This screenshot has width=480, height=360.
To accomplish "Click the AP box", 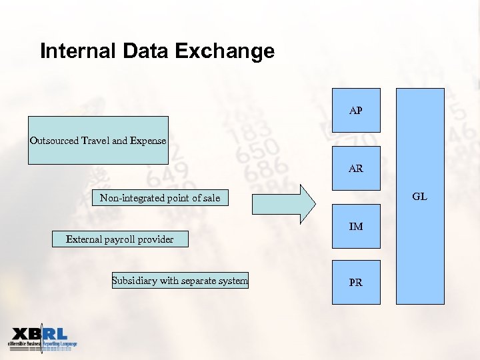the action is (x=356, y=110).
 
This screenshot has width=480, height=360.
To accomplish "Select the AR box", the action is (x=356, y=168).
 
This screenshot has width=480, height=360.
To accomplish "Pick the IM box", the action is (x=356, y=227).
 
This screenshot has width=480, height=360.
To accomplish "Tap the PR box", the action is (x=356, y=282).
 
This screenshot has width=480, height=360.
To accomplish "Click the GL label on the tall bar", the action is (x=419, y=197).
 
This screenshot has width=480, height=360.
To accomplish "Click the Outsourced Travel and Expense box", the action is (x=98, y=141).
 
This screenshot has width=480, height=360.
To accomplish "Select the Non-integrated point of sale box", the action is (x=159, y=198).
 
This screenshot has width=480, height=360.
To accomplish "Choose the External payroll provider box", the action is (x=120, y=239).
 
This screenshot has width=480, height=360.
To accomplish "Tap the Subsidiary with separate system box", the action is (x=180, y=281).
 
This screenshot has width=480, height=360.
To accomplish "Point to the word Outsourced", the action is (x=55, y=141).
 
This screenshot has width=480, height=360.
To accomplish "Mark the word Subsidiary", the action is (x=135, y=281).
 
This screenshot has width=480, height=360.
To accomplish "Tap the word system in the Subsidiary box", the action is (x=233, y=281).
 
